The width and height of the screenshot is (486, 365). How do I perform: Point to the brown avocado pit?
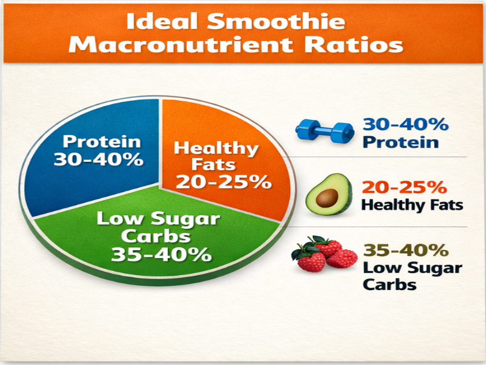click(x=328, y=198)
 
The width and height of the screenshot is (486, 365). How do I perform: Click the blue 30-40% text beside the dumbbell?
click(x=405, y=125)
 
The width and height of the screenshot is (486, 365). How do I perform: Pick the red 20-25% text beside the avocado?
click(x=404, y=187)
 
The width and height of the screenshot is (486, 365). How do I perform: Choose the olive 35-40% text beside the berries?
click(x=405, y=250)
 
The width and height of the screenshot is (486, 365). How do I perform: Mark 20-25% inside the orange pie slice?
click(x=222, y=181)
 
